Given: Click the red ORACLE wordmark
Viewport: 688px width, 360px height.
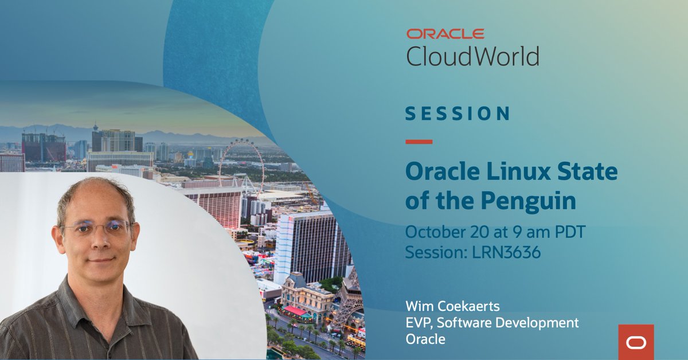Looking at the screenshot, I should coord(445,34).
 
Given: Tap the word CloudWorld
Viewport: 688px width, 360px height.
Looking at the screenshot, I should coord(472,56).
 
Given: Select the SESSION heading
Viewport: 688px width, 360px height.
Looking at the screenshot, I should coord(457,113).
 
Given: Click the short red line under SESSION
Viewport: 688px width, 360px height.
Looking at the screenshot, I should coord(419,142).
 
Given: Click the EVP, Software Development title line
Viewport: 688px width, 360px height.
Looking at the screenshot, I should coord(492,323).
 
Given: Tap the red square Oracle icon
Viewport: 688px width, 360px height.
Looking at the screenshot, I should coord(636,342).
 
